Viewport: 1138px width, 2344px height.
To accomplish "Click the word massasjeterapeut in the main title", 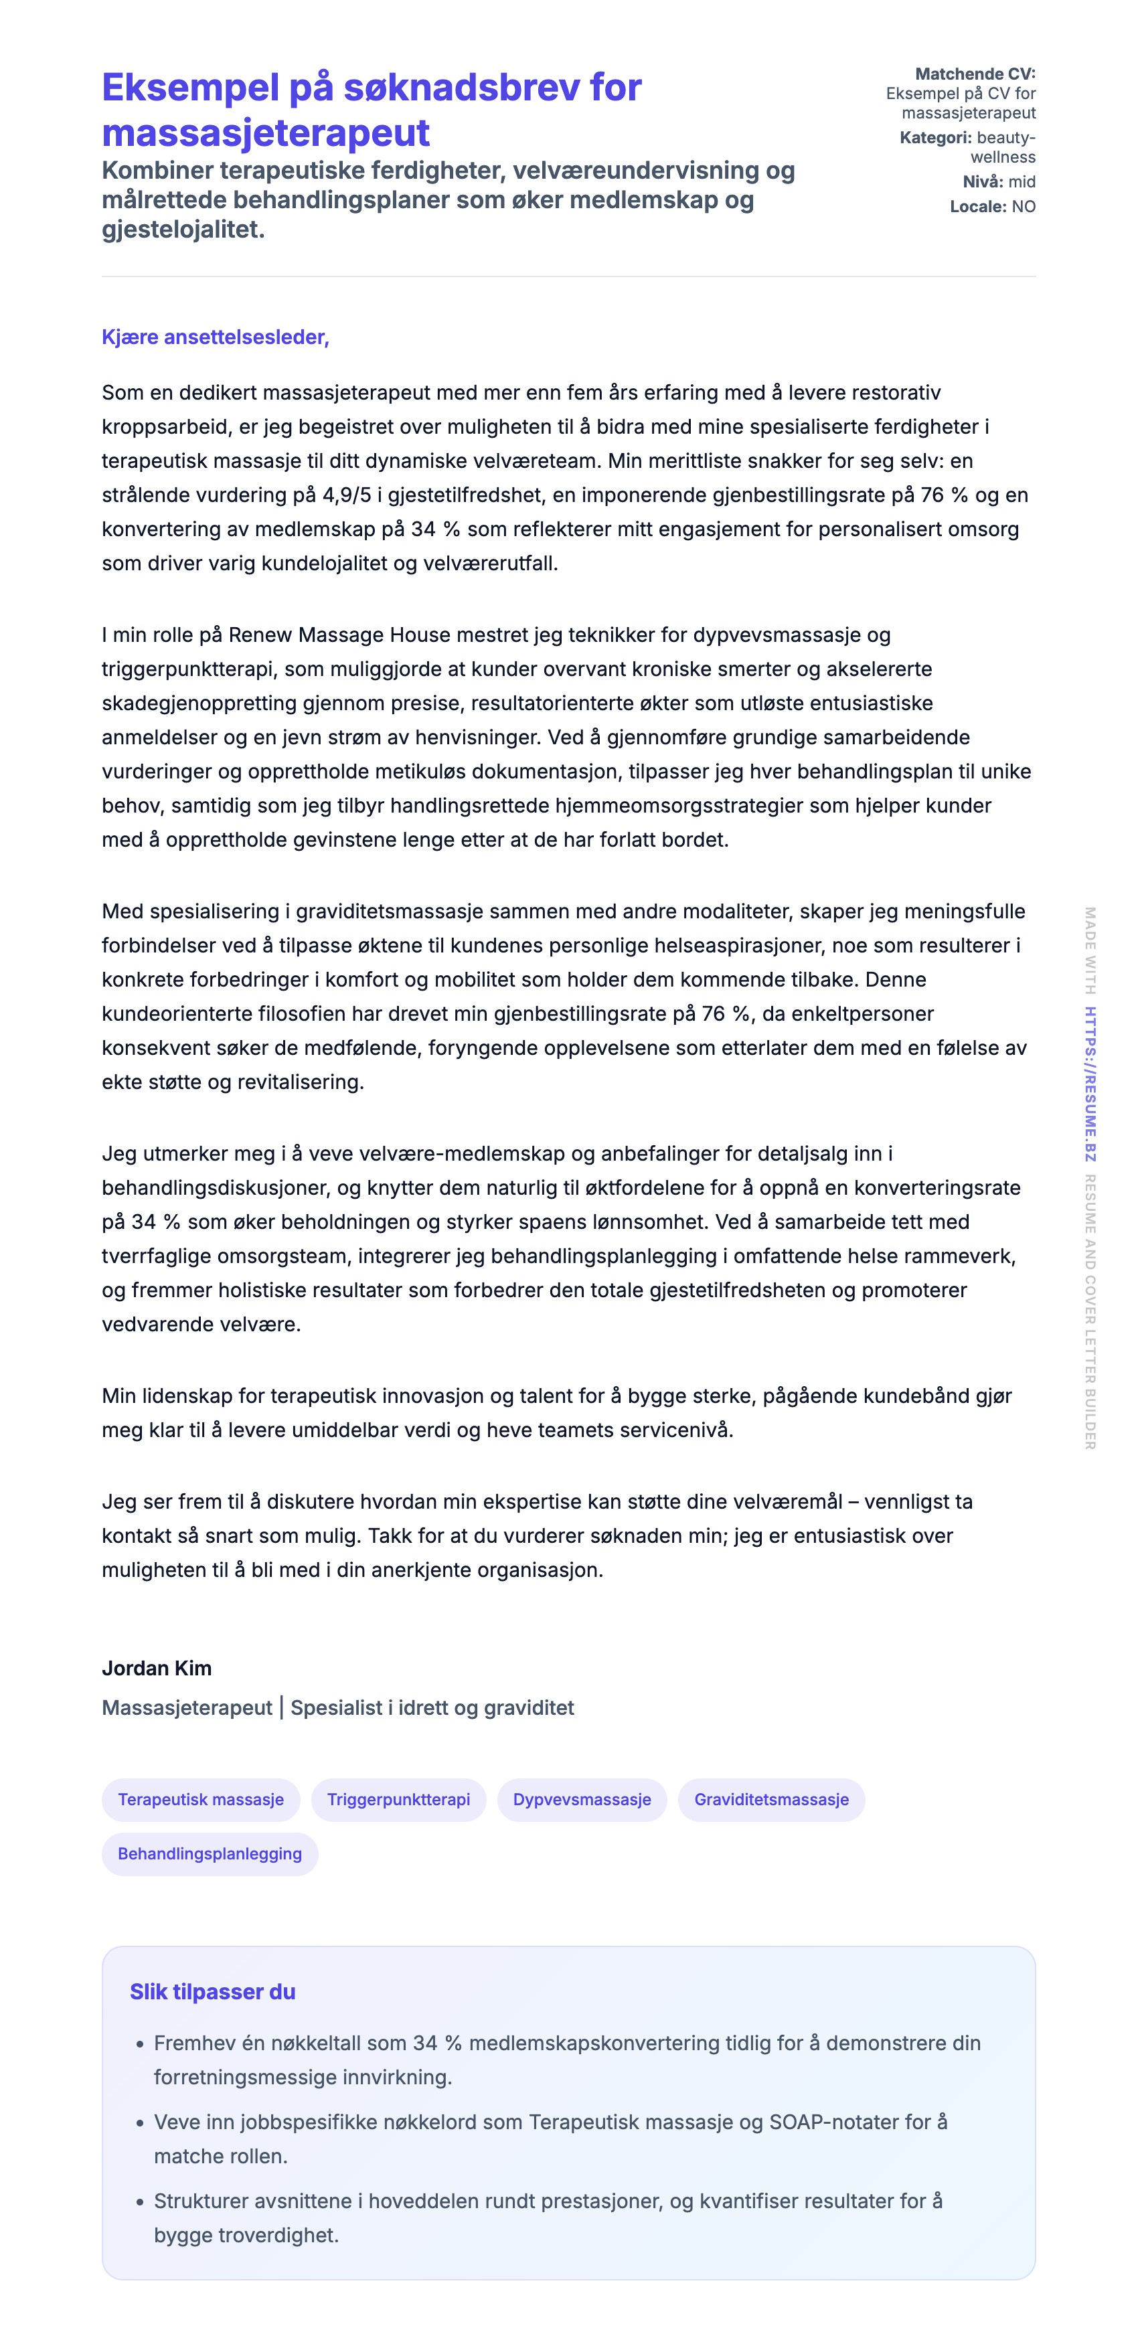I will tap(265, 133).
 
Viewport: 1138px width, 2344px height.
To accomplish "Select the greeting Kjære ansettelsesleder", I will tap(215, 337).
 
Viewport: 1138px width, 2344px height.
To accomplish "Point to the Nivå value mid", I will tap(1022, 181).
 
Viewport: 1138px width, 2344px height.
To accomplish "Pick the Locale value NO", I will tap(1024, 207).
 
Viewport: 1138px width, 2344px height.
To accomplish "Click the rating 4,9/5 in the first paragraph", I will tap(347, 495).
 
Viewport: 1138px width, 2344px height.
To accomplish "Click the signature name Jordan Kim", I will tap(157, 1668).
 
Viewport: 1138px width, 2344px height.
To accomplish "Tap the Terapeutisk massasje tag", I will tap(200, 1799).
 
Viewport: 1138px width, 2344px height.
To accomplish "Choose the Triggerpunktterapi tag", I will tap(399, 1799).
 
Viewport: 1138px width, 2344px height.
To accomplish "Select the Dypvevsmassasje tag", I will tap(582, 1799).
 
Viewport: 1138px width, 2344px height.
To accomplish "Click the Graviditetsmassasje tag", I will tap(771, 1799).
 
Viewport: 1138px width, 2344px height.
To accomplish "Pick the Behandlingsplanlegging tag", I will tap(210, 1853).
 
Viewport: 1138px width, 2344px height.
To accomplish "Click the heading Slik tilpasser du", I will tap(212, 1992).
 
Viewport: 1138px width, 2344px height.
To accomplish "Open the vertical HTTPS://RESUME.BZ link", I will tap(1090, 1084).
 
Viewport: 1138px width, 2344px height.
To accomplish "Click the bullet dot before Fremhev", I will tap(140, 2043).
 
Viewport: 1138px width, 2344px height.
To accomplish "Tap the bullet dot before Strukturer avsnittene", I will tap(140, 2202).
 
